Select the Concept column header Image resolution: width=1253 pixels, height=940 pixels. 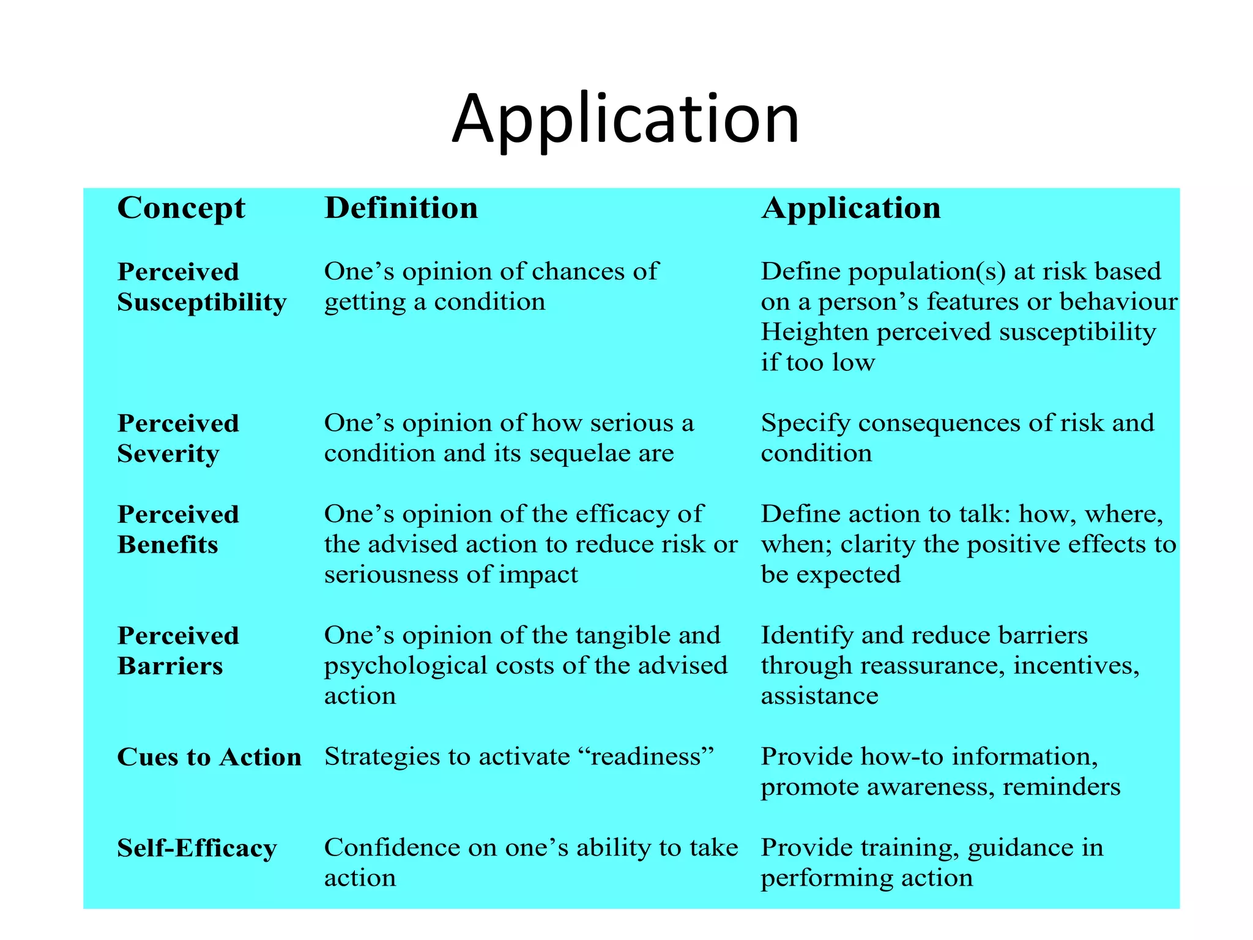(181, 208)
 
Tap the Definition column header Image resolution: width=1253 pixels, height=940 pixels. (401, 208)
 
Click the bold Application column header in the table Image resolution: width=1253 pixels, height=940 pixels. (850, 208)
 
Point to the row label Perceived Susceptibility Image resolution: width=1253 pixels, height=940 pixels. (201, 286)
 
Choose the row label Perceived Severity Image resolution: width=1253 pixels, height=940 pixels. (177, 438)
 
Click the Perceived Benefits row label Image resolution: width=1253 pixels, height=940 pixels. (177, 529)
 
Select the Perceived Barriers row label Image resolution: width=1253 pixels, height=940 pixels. (177, 651)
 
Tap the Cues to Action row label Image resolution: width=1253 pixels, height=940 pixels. (209, 757)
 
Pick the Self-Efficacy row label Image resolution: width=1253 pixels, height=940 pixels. (197, 848)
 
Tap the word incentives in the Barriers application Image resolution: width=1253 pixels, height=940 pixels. (1076, 666)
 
